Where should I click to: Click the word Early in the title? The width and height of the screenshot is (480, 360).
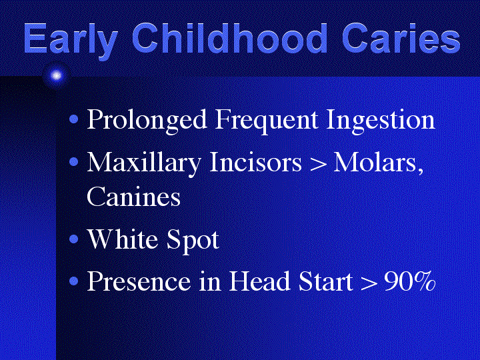[x=71, y=41]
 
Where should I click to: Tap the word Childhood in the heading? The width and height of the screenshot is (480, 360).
[x=229, y=38]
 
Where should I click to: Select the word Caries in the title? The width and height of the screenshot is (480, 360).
[x=401, y=38]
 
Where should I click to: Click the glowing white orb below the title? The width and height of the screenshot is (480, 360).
[x=56, y=75]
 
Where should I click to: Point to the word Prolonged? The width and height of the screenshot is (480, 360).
[x=147, y=120]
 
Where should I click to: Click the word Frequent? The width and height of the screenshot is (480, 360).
[x=266, y=120]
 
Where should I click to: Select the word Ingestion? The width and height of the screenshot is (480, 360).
[x=381, y=120]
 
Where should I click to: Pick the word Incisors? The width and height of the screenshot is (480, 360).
[x=255, y=162]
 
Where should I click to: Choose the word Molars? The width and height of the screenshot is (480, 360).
[x=379, y=163]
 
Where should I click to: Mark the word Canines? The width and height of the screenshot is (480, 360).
[x=134, y=197]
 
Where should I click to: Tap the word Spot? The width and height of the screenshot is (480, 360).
[x=193, y=241]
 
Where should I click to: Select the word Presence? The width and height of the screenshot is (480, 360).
[x=139, y=281]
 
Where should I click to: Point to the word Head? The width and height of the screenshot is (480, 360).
[x=259, y=281]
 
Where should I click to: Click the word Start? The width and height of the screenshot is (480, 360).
[x=325, y=281]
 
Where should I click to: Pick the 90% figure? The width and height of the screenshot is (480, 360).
[x=409, y=281]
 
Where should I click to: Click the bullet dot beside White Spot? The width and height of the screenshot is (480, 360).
[x=74, y=239]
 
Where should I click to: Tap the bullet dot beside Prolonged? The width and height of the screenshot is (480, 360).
[x=74, y=119]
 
